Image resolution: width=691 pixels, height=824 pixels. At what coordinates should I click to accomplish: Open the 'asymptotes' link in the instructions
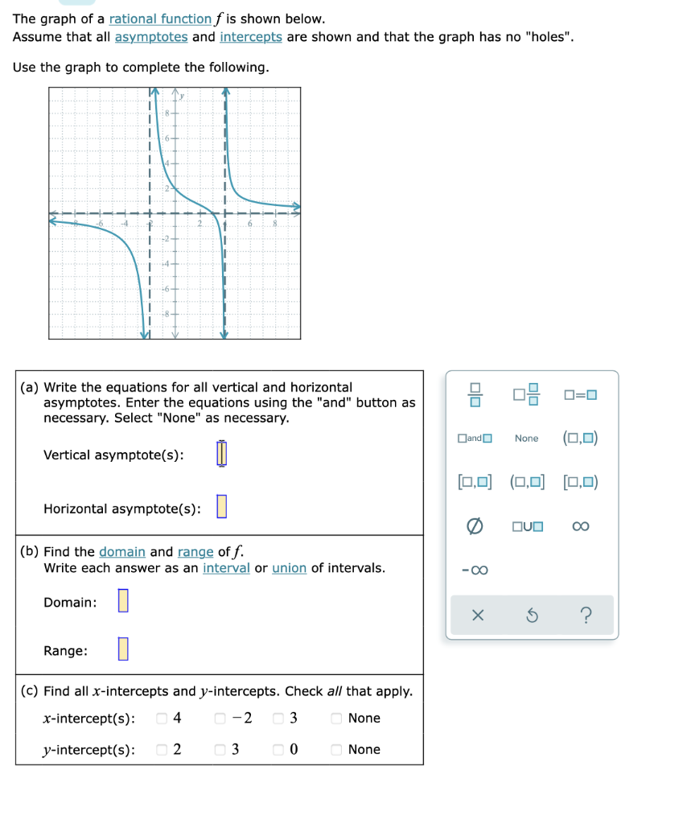(151, 37)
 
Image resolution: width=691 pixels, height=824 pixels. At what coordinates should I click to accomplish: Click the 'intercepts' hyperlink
(250, 37)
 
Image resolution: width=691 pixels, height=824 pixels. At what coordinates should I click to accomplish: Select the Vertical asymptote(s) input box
(223, 455)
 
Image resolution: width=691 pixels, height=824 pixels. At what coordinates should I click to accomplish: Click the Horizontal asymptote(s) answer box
(222, 508)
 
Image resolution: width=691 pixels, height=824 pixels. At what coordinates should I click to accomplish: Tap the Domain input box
(123, 601)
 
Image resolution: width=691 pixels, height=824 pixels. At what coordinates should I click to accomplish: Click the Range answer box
(123, 649)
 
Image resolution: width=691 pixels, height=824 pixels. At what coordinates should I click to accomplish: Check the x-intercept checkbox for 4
(162, 718)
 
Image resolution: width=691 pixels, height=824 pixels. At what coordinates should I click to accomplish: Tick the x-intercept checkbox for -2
(220, 718)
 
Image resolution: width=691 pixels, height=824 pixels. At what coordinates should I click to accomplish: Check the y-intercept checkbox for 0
(278, 749)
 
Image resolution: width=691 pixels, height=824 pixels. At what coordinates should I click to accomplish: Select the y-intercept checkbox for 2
(162, 749)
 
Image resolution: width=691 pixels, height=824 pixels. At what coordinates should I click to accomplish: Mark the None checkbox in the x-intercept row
(337, 718)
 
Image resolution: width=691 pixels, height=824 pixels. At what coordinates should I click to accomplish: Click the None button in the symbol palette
(527, 439)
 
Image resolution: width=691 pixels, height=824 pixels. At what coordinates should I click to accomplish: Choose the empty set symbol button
(475, 526)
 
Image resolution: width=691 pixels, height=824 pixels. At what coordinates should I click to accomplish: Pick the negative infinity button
(474, 571)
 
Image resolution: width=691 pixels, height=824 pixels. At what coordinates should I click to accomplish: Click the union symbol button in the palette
(527, 526)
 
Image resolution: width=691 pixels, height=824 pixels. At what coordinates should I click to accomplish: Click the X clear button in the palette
(477, 616)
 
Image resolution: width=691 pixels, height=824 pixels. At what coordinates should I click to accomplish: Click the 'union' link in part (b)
(289, 568)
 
